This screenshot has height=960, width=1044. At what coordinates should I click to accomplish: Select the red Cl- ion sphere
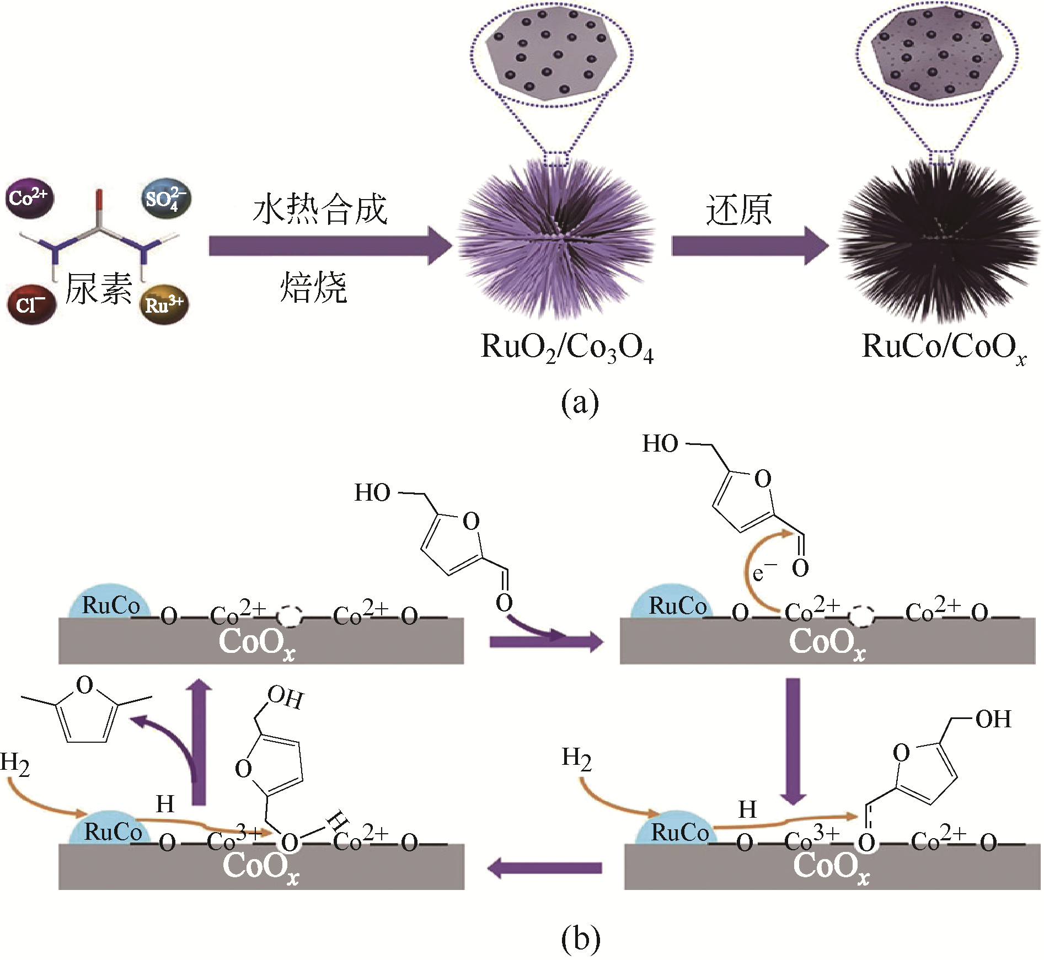pyautogui.click(x=31, y=304)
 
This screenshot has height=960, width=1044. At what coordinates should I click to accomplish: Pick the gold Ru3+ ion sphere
pyautogui.click(x=164, y=304)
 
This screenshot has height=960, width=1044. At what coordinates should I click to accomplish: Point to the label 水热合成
pyautogui.click(x=320, y=210)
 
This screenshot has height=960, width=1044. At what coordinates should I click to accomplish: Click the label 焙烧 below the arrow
pyautogui.click(x=313, y=287)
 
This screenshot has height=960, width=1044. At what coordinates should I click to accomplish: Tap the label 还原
pyautogui.click(x=738, y=210)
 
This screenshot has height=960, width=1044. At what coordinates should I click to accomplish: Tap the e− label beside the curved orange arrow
pyautogui.click(x=764, y=572)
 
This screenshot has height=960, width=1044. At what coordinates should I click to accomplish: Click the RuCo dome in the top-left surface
pyautogui.click(x=109, y=602)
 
